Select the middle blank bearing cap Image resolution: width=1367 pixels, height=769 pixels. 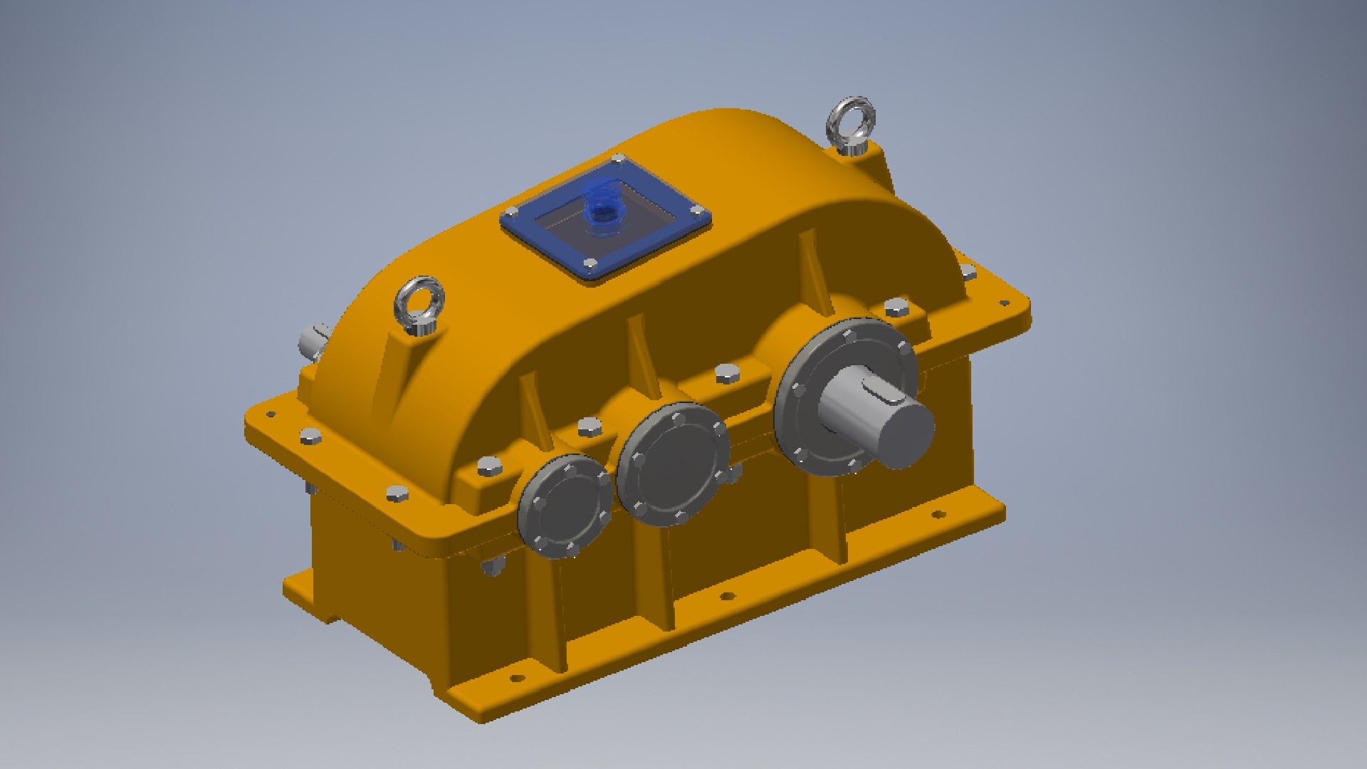tap(673, 464)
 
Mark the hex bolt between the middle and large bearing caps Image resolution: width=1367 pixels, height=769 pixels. tap(726, 373)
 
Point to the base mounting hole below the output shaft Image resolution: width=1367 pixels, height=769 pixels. tap(938, 514)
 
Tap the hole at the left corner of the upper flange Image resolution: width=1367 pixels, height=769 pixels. tap(271, 414)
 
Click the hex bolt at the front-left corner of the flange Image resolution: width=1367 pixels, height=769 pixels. tap(397, 493)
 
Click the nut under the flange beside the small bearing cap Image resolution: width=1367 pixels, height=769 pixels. tap(491, 567)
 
